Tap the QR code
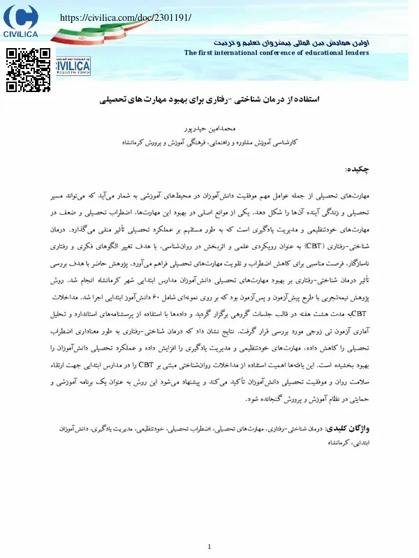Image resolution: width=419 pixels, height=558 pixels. click(x=28, y=70)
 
